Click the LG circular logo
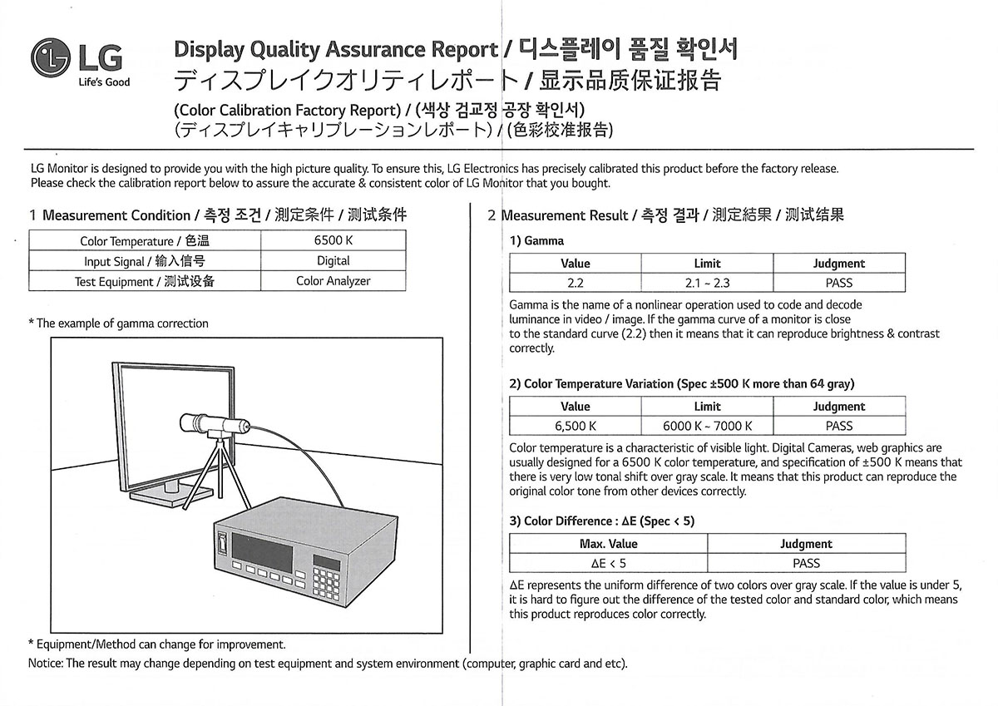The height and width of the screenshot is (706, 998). (52, 57)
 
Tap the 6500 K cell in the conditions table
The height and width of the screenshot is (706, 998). (333, 240)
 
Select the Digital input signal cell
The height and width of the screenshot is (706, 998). (333, 260)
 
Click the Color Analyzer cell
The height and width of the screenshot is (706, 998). (333, 281)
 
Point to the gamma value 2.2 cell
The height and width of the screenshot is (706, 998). (576, 283)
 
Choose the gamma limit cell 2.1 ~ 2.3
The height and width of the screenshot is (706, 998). (707, 283)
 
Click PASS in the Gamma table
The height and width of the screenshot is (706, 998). (838, 283)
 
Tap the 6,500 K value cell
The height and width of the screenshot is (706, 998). (576, 426)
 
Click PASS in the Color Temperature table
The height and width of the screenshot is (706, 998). (838, 426)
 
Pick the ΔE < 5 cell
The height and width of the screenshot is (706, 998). (608, 563)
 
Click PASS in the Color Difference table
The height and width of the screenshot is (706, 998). (806, 563)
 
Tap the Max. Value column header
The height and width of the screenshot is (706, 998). (608, 544)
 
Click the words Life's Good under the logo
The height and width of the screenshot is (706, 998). (104, 82)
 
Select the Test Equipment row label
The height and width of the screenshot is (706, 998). (145, 281)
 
